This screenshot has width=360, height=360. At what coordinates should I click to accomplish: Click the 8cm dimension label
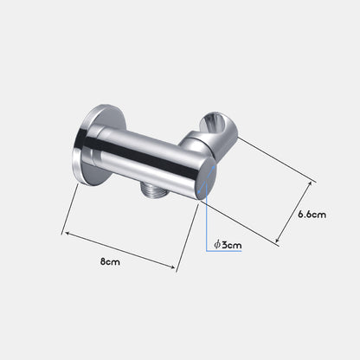[x=110, y=262]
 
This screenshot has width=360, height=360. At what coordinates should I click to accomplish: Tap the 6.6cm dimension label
[x=312, y=215]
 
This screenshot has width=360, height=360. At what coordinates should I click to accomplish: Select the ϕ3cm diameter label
[x=228, y=245]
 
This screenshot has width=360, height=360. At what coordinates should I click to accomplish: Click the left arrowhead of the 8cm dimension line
[x=67, y=233]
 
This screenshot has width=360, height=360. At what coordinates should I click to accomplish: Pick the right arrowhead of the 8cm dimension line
[x=172, y=267]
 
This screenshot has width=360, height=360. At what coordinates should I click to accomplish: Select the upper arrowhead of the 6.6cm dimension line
[x=311, y=183]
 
